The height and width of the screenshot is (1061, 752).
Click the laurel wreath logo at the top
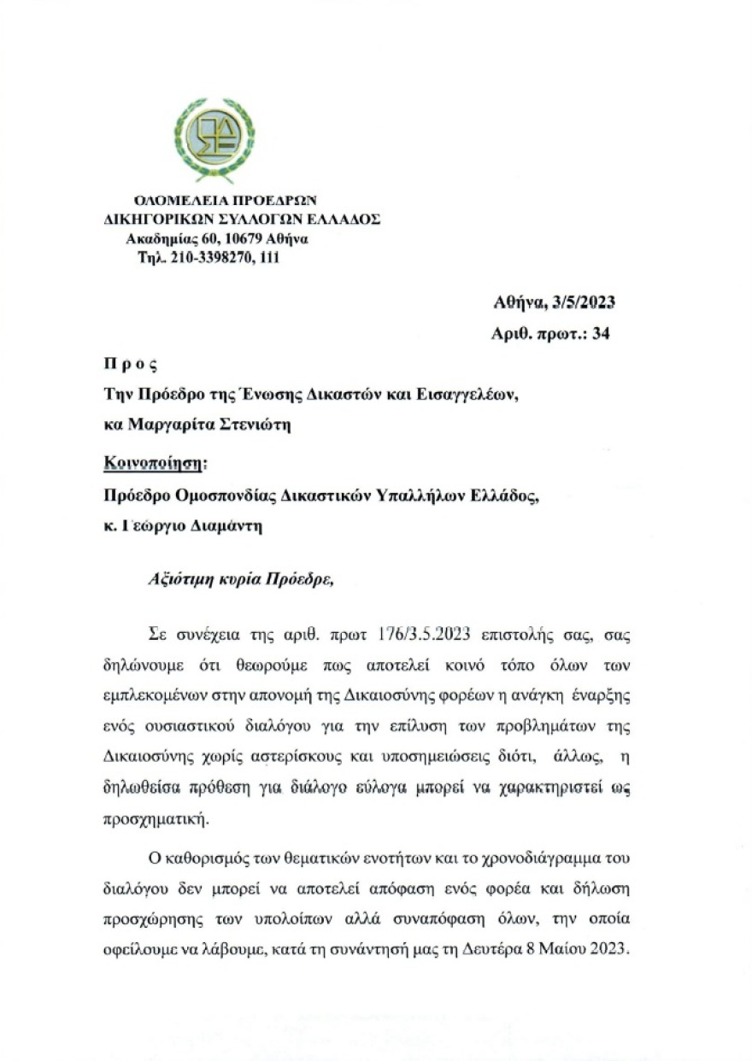(214, 139)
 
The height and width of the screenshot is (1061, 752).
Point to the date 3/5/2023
(585, 302)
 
